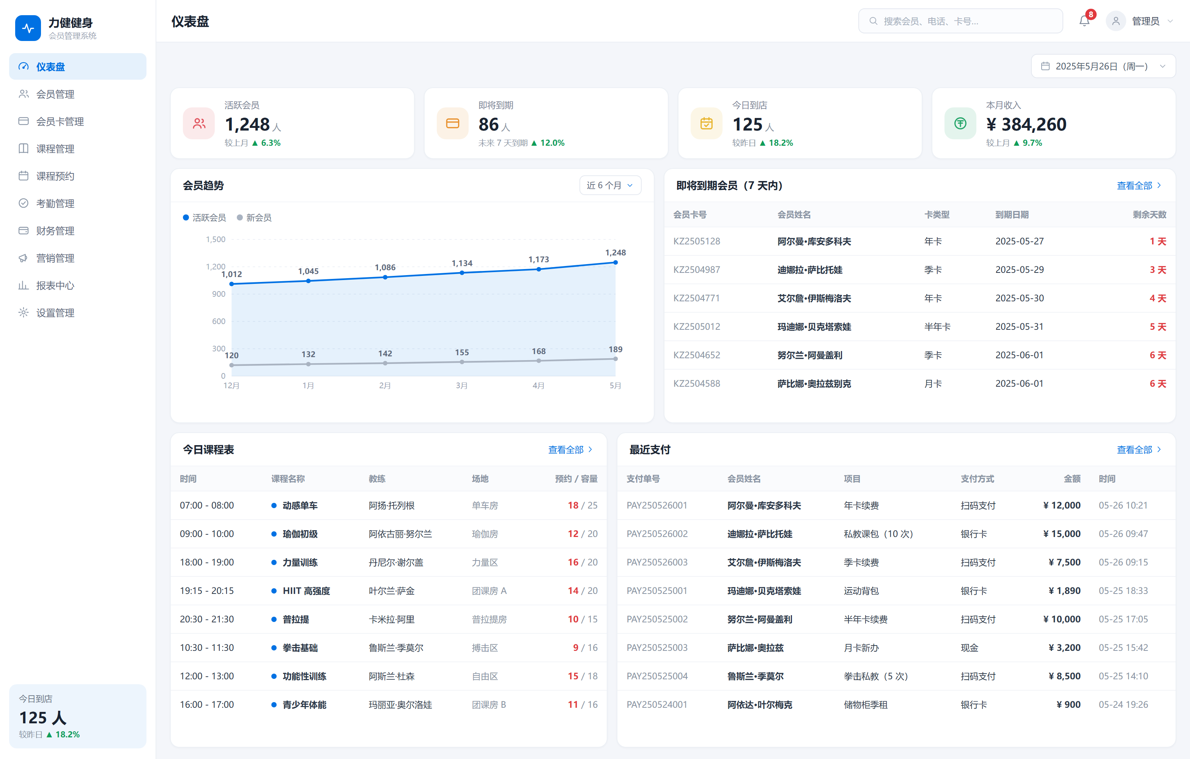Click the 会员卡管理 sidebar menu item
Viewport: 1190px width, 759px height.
(77, 121)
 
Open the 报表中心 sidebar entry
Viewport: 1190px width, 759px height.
(77, 286)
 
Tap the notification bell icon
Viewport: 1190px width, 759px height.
(1084, 21)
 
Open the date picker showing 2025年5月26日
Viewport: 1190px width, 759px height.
(1103, 66)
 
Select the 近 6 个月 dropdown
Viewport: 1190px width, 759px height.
(610, 185)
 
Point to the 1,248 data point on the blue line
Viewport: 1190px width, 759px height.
(615, 262)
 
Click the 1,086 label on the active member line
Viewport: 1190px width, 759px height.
(385, 267)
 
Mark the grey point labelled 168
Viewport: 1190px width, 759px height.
(539, 361)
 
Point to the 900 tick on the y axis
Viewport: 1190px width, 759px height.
(219, 294)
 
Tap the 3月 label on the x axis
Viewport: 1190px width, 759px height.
(461, 386)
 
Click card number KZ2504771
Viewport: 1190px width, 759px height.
(696, 298)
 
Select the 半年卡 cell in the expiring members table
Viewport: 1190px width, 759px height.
(937, 327)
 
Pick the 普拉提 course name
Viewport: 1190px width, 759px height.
(296, 619)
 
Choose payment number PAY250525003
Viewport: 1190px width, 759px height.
(657, 647)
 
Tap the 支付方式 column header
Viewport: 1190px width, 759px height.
(977, 478)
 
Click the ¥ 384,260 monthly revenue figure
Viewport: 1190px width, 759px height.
(1026, 124)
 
